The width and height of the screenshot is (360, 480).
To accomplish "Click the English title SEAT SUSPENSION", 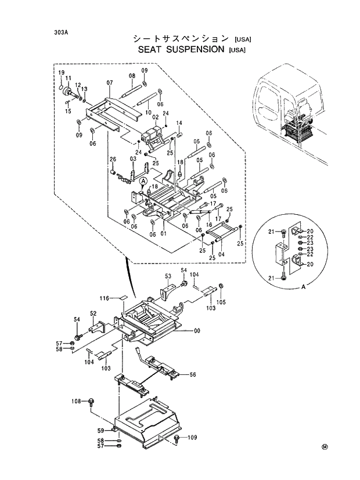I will point(181,50).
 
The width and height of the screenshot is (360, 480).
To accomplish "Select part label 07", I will point(109,84).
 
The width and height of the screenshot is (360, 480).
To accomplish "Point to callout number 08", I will point(132,76).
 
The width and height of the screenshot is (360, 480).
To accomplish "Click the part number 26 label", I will point(113,160).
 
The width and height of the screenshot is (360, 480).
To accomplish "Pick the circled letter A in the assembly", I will point(142,182).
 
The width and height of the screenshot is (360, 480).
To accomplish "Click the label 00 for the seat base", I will point(197,331).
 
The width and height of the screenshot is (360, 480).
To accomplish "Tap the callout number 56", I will point(193,374).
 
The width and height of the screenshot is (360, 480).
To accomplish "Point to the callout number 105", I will point(222,302).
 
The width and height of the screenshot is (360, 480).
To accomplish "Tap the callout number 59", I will point(100,431).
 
